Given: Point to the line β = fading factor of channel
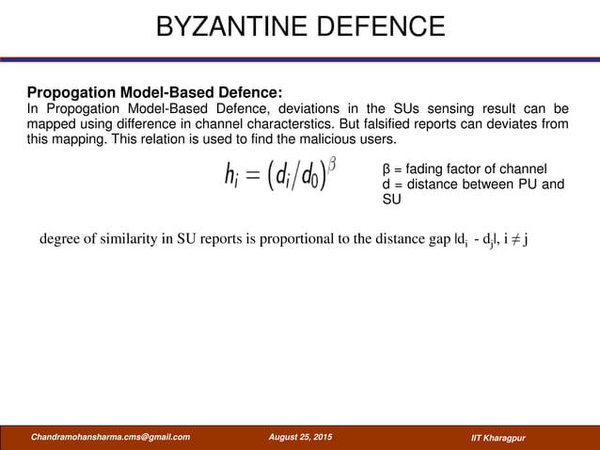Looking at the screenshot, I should point(465,169).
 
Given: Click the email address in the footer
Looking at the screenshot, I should point(110,437).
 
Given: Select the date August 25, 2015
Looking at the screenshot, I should point(299,437).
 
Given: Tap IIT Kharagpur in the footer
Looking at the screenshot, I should point(498,438).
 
